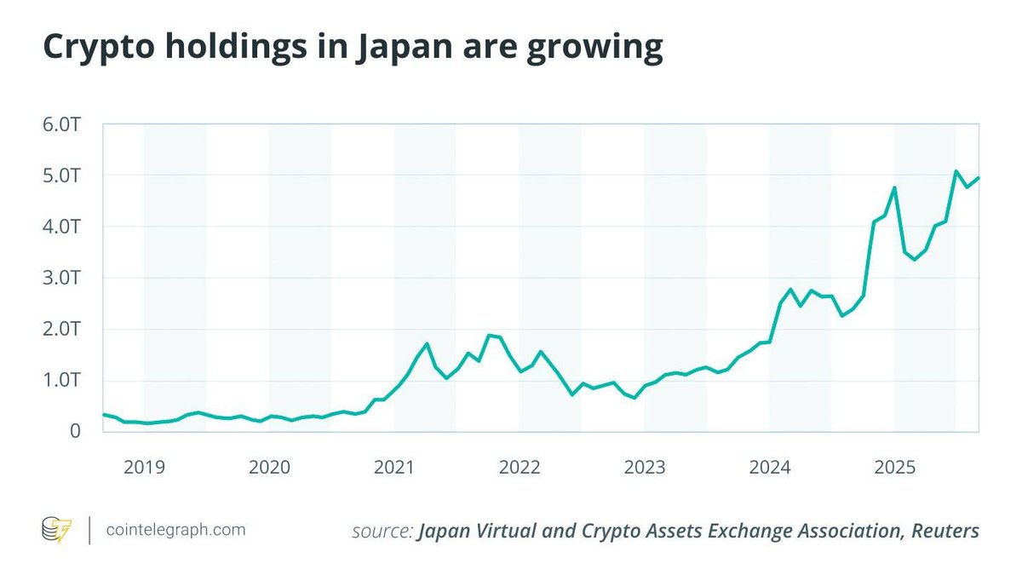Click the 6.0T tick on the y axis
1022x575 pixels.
click(x=65, y=124)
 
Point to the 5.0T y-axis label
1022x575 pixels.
click(x=65, y=175)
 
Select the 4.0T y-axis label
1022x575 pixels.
click(x=65, y=227)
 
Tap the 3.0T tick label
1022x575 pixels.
click(x=65, y=278)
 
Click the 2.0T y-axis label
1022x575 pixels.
click(x=65, y=329)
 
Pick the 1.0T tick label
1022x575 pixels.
click(x=65, y=380)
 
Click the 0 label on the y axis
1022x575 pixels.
click(x=74, y=431)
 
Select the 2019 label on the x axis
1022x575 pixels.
click(x=144, y=467)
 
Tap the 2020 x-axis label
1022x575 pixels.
click(x=269, y=467)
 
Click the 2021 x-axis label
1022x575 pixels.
click(x=394, y=467)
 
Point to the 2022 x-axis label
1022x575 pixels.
click(x=520, y=467)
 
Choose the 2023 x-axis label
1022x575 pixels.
click(x=645, y=467)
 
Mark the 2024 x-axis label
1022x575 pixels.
click(x=770, y=467)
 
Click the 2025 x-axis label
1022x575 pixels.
click(x=895, y=467)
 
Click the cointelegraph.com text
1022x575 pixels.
click(x=176, y=530)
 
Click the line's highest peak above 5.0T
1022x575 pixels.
click(x=956, y=171)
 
